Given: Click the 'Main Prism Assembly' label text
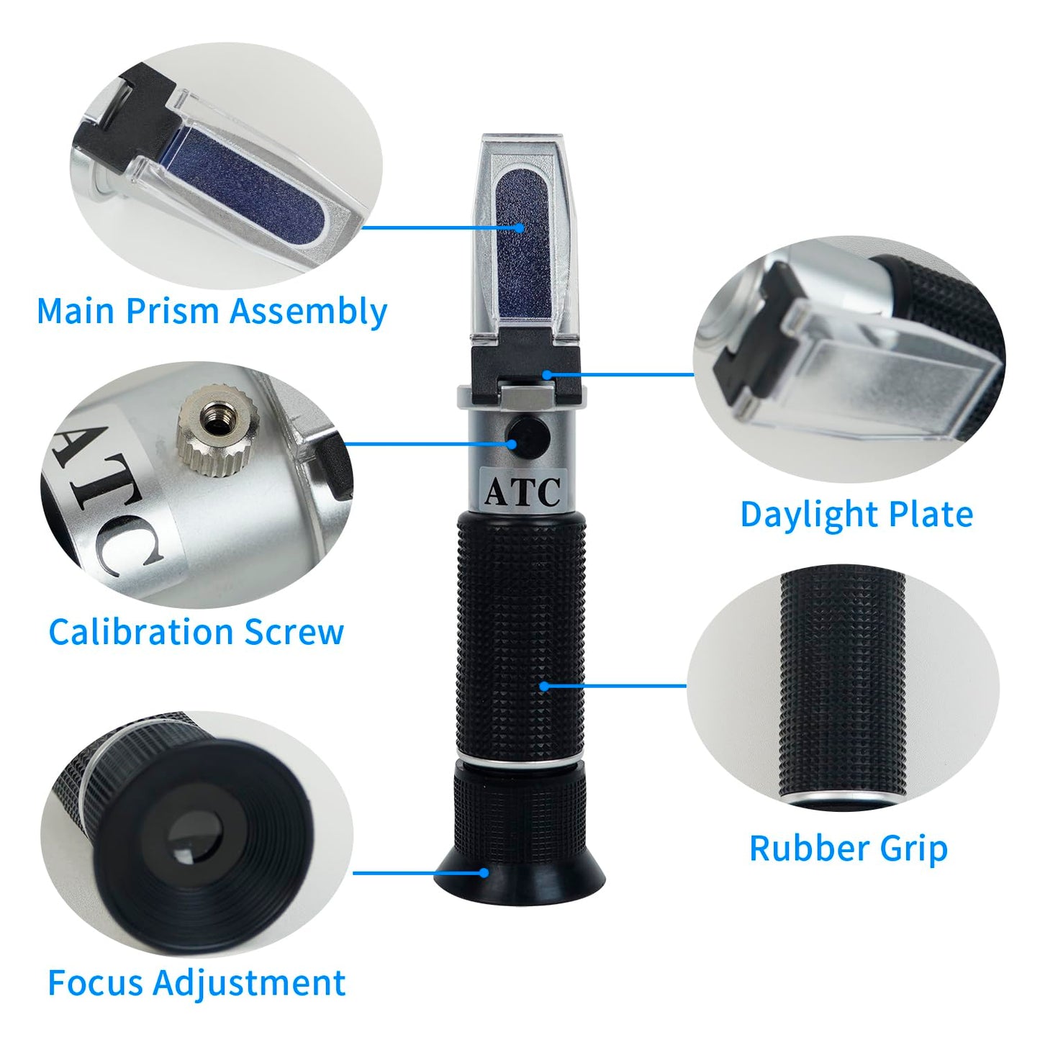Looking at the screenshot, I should tap(212, 312).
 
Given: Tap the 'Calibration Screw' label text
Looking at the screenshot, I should tap(196, 632).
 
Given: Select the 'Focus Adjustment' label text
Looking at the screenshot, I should tap(196, 982).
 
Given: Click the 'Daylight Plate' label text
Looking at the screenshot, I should tap(856, 515).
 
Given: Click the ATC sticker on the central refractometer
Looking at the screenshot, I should tap(522, 492).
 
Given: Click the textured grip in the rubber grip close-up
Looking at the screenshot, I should tap(842, 684).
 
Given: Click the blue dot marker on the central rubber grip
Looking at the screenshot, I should tap(543, 686).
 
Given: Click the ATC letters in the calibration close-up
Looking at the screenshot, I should tap(115, 497).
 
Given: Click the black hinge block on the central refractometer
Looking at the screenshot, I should tap(527, 367).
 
